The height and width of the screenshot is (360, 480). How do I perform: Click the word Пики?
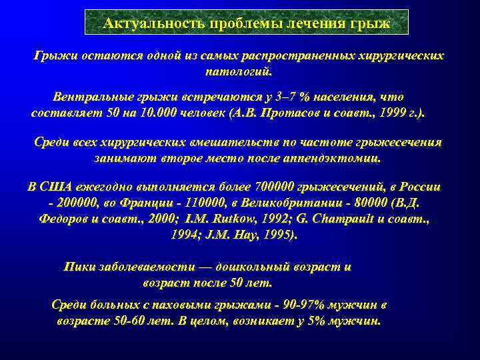pyautogui.click(x=79, y=267)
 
